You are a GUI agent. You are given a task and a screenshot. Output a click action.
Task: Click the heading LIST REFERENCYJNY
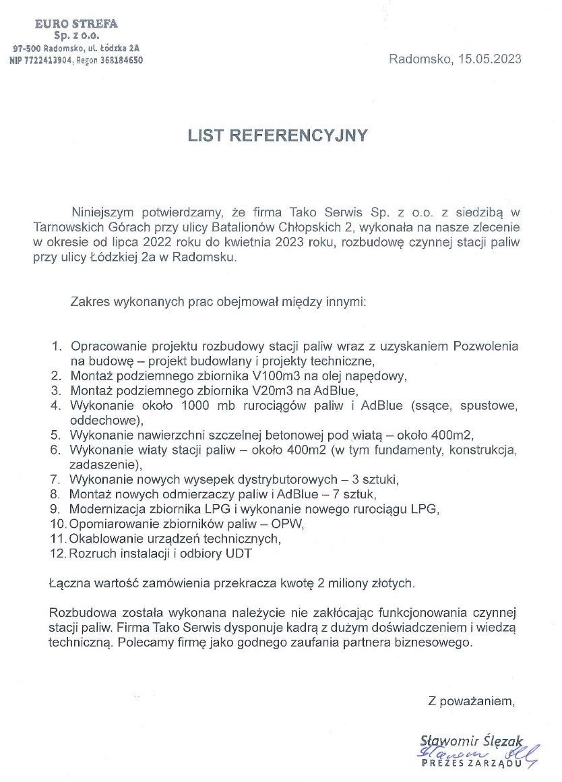click(x=278, y=136)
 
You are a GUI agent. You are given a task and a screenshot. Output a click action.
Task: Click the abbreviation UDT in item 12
click(x=243, y=553)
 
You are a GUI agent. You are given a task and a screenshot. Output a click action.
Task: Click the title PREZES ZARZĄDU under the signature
click(x=471, y=763)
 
